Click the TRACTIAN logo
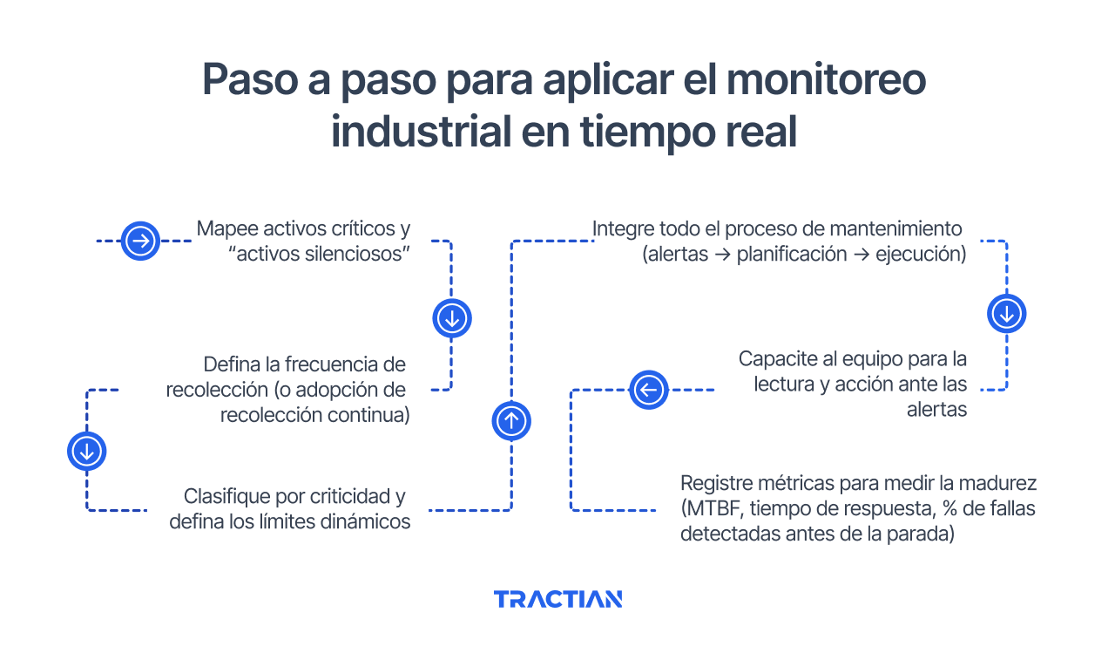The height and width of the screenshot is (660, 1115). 557,599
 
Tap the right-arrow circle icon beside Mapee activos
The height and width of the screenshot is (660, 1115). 139,241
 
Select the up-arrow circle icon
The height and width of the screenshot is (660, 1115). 511,421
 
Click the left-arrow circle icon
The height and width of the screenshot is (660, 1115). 648,390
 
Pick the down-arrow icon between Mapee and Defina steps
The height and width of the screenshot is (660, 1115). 451,318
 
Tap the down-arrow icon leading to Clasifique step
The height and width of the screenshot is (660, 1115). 86,451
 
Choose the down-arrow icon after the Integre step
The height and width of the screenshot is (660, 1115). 1006,313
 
